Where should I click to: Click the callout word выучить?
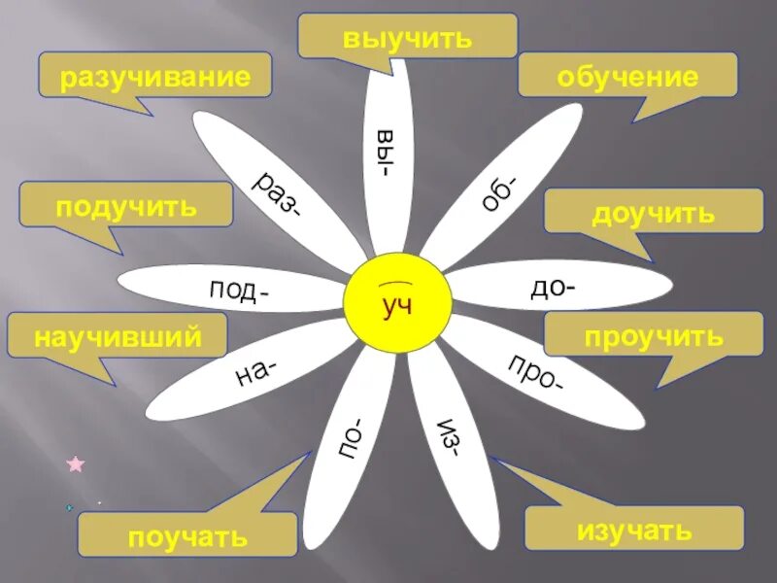[407, 38]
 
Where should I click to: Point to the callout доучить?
[653, 212]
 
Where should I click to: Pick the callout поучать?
[187, 535]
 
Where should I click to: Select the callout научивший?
[118, 336]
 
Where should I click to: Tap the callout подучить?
[126, 206]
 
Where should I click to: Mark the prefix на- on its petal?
[256, 371]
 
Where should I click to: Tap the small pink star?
[76, 464]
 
